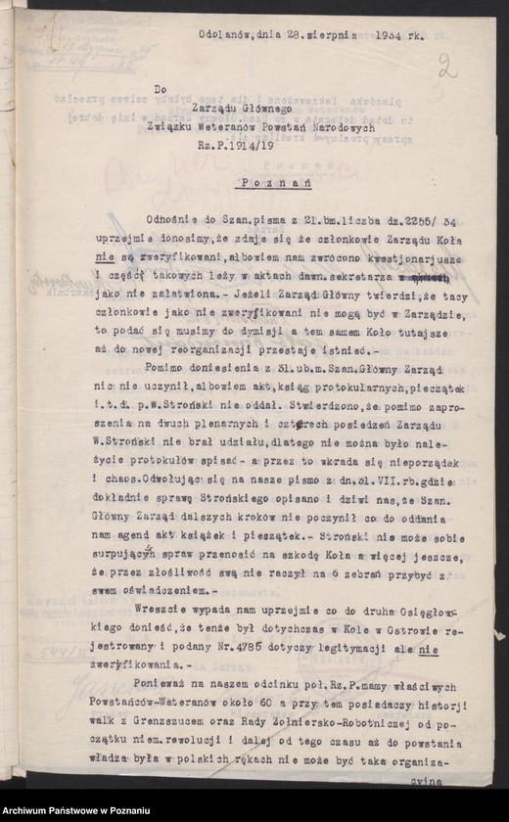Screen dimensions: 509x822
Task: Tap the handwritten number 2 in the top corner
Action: click(448, 68)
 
